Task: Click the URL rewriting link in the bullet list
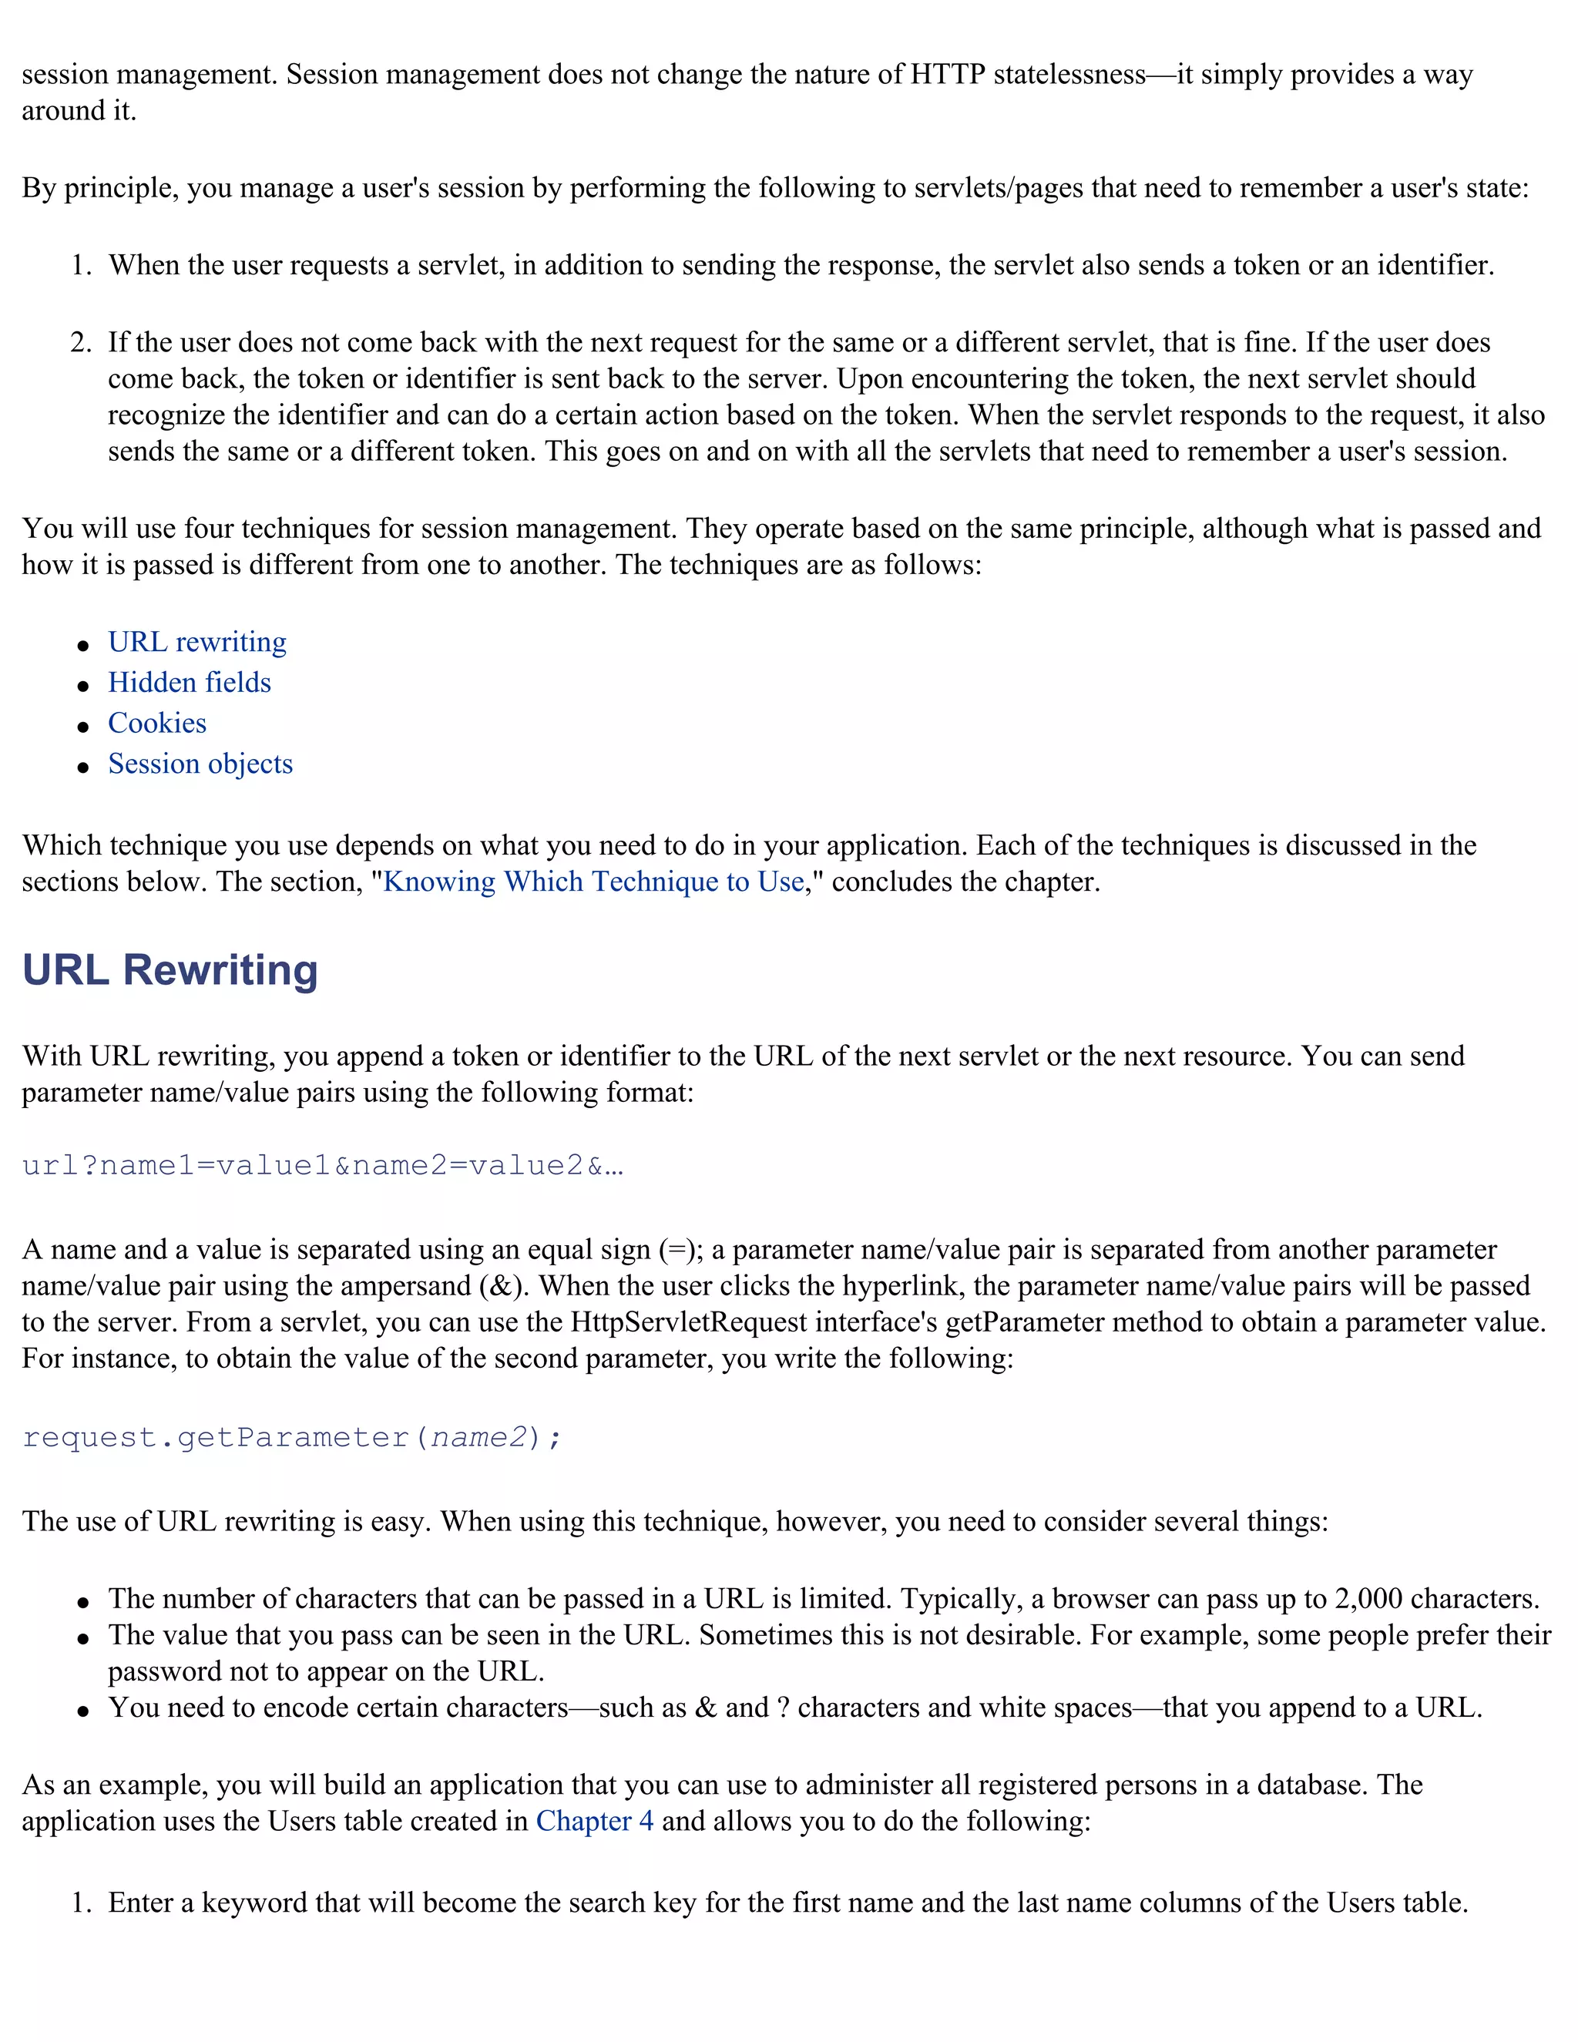tap(197, 643)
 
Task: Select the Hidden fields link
tap(190, 683)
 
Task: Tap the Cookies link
tap(157, 724)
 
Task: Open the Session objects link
tap(200, 764)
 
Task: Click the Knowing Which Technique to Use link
tap(593, 882)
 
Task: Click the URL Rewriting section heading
tap(170, 970)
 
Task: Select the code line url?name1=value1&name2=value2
tap(323, 1166)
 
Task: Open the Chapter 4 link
tap(595, 1822)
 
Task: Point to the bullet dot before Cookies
tap(84, 727)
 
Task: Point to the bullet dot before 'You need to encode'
tap(84, 1711)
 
